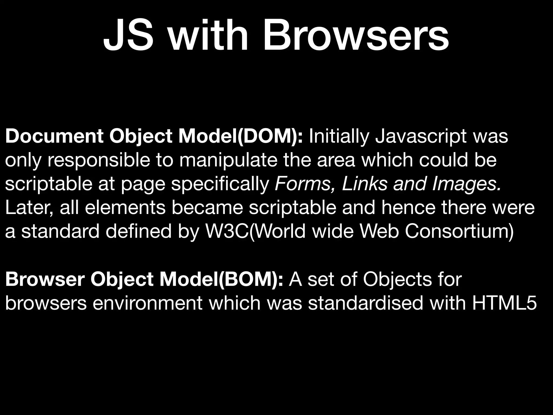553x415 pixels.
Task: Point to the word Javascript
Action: (x=421, y=136)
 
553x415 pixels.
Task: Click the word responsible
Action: (x=99, y=160)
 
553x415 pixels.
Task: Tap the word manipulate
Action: (x=228, y=160)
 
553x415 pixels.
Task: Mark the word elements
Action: (x=125, y=208)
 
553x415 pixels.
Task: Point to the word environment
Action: (x=147, y=303)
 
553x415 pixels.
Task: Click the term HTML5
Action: (x=504, y=303)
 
